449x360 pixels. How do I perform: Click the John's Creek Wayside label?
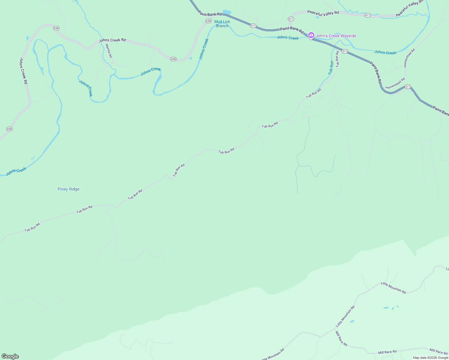pos(336,36)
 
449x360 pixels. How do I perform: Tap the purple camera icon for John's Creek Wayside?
pos(311,35)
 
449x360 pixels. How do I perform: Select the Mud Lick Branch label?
pos(222,24)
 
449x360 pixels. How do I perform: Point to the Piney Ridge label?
pos(68,189)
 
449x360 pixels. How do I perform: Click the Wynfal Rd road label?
pos(109,51)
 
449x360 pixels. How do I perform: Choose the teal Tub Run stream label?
pos(331,67)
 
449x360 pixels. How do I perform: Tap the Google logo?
pos(10,356)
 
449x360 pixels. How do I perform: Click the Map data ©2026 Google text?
pos(430,358)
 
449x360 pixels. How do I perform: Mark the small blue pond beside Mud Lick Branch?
pos(227,12)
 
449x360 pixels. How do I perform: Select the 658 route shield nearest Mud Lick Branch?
pos(208,21)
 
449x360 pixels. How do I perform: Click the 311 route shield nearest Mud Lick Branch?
pos(253,26)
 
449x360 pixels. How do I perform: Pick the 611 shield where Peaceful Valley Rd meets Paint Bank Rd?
pos(291,19)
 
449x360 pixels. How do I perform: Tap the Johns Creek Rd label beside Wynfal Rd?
pos(112,40)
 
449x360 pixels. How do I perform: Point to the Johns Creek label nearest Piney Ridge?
pos(17,171)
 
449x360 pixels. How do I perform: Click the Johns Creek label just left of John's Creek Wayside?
pos(288,38)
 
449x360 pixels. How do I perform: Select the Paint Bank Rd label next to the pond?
pos(210,14)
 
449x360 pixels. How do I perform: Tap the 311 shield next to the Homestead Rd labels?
pos(407,87)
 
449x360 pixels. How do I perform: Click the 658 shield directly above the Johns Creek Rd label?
pos(56,28)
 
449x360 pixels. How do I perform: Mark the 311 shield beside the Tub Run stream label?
pos(345,51)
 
